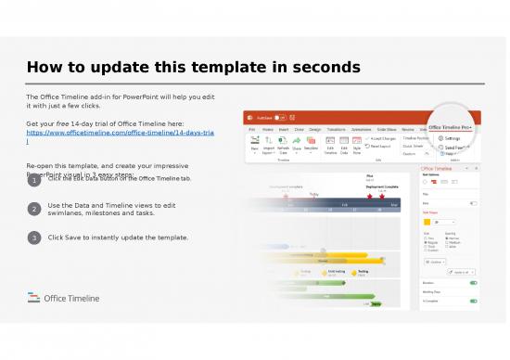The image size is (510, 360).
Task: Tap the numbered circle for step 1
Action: click(x=33, y=182)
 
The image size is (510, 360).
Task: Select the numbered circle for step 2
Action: click(x=33, y=210)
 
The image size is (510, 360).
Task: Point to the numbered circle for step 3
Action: click(x=33, y=238)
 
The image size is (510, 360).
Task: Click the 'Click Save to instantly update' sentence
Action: click(x=118, y=238)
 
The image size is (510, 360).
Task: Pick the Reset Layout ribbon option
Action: click(x=383, y=147)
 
